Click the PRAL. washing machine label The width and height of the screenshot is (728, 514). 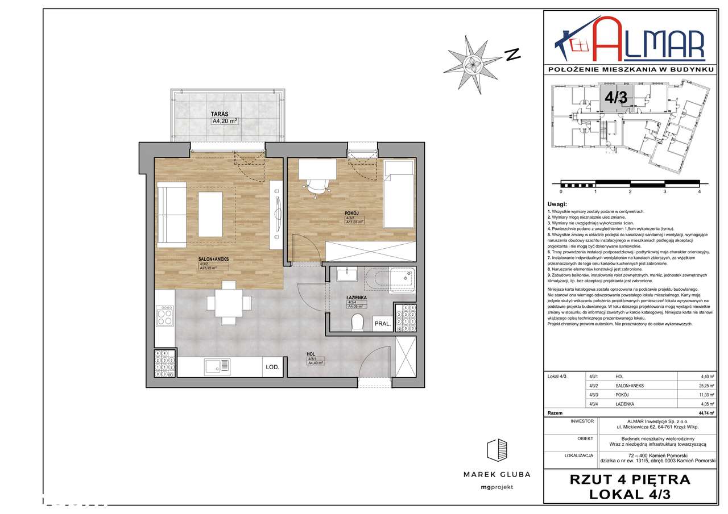[382, 324]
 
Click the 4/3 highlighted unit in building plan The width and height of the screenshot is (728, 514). [615, 97]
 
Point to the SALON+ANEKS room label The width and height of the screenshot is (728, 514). [213, 259]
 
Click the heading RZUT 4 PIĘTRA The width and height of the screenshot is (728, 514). [630, 479]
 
